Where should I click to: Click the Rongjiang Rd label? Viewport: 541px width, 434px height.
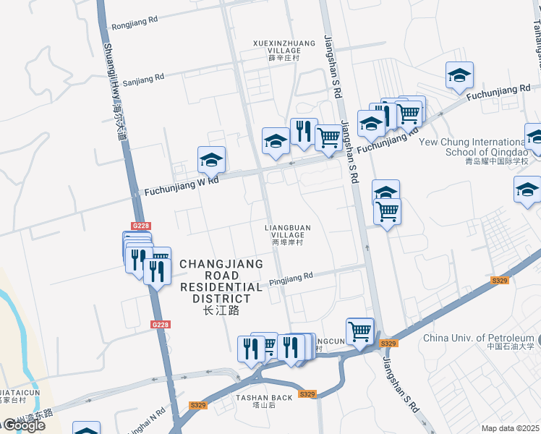(x=135, y=23)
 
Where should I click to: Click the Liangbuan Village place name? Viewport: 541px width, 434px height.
(x=287, y=235)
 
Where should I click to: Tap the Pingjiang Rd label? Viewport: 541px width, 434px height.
(x=290, y=276)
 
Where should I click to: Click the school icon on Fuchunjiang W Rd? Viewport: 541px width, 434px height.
(x=211, y=160)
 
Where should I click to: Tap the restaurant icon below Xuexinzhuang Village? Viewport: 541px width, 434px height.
(x=304, y=131)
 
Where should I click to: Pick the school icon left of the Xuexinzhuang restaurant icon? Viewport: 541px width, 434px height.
(x=276, y=140)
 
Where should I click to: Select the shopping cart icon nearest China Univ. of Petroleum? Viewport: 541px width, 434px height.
(x=359, y=331)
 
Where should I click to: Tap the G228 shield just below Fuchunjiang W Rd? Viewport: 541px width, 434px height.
(x=141, y=226)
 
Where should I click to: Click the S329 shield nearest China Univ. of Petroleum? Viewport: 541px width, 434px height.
(x=498, y=280)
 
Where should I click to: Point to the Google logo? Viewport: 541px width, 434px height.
(x=23, y=425)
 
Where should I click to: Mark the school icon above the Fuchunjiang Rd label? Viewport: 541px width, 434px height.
(x=459, y=75)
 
